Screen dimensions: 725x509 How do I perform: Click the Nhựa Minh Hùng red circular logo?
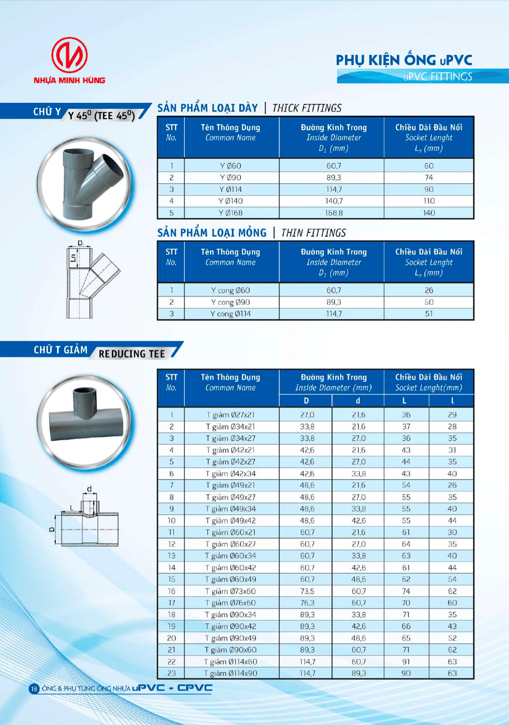click(x=70, y=55)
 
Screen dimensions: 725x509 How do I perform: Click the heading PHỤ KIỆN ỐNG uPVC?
click(x=404, y=60)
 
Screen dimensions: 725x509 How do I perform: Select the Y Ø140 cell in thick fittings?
click(x=231, y=201)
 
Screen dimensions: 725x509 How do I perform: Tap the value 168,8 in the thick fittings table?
click(x=334, y=213)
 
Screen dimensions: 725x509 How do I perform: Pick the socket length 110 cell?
click(x=429, y=201)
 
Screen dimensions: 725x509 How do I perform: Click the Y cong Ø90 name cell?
click(x=231, y=302)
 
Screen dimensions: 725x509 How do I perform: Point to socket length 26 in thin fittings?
click(x=429, y=290)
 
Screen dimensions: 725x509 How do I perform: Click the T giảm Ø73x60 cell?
click(x=231, y=591)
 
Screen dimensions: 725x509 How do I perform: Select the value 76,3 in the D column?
click(x=307, y=603)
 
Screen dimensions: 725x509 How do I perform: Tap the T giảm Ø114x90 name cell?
click(x=231, y=673)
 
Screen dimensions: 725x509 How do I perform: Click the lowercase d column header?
click(x=358, y=401)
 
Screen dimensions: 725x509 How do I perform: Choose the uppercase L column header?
click(x=405, y=401)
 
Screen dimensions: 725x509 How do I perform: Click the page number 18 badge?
click(x=34, y=688)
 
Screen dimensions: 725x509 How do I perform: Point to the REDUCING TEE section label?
click(x=132, y=354)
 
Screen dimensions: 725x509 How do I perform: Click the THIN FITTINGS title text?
click(x=314, y=233)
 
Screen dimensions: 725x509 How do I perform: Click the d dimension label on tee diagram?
click(x=90, y=489)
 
